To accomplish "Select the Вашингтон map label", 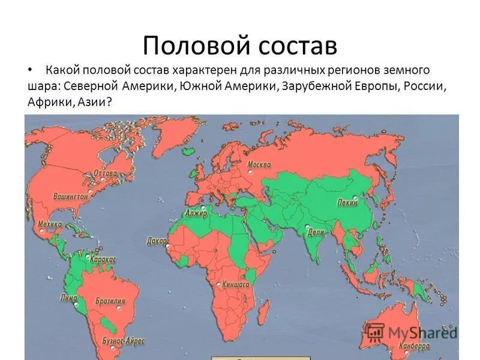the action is pos(70,196).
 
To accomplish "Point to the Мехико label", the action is pos(50,224).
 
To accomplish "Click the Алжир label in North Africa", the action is pos(196,213).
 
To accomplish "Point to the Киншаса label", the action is pos(236,284).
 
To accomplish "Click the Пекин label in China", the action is pos(347,203).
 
